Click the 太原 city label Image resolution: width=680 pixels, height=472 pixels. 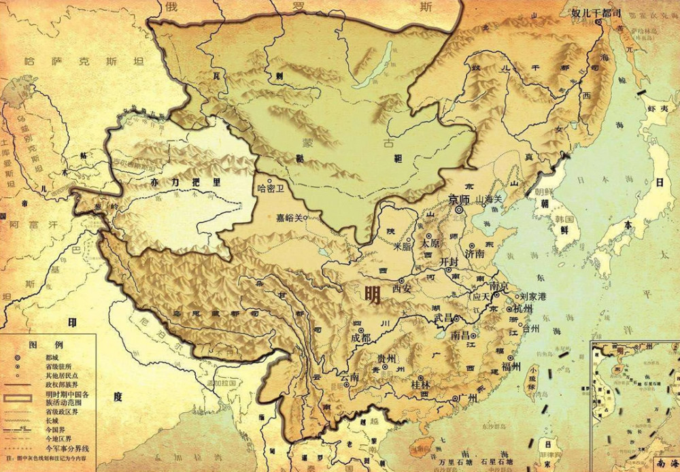pyautogui.click(x=430, y=242)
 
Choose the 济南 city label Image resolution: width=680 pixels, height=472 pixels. pyautogui.click(x=475, y=253)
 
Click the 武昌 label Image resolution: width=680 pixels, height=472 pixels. pyautogui.click(x=441, y=318)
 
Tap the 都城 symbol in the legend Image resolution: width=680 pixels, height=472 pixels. pyautogui.click(x=16, y=357)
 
